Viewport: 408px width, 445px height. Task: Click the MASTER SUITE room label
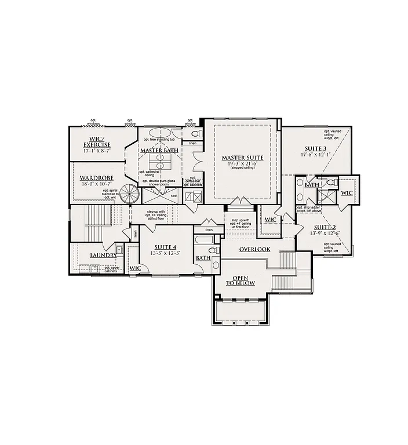pyautogui.click(x=242, y=158)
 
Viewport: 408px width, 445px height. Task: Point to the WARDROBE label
pyautogui.click(x=96, y=178)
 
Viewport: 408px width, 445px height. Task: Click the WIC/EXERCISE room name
pyautogui.click(x=97, y=141)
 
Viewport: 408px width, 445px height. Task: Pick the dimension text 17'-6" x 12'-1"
pyautogui.click(x=316, y=155)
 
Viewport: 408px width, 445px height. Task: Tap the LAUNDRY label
pyautogui.click(x=103, y=255)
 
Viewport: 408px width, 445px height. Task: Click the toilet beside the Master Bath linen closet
pyautogui.click(x=193, y=133)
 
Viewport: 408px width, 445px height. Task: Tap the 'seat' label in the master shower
pyautogui.click(x=174, y=195)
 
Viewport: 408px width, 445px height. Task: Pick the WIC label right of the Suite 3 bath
pyautogui.click(x=347, y=192)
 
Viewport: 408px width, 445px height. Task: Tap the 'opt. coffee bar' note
pyautogui.click(x=192, y=180)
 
